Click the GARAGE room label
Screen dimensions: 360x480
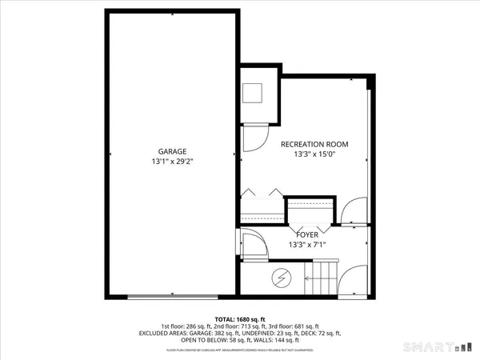171,151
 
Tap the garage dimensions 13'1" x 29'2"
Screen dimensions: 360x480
171,162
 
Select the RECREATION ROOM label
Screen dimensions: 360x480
314,144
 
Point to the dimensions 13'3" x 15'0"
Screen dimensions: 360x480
314,155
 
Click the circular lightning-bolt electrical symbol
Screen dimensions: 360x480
282,278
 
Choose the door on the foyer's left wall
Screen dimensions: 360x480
250,242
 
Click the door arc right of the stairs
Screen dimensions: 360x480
350,280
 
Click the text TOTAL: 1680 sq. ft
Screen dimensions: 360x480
240,318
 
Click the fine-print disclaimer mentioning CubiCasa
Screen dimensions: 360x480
240,350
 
